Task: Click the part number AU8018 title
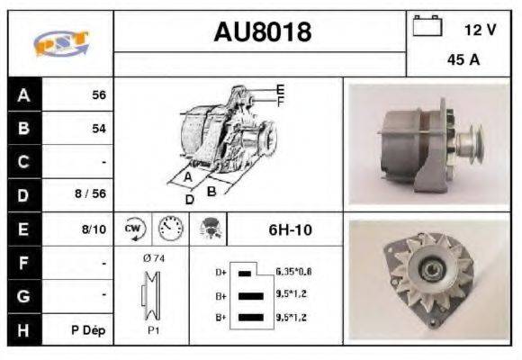(262, 32)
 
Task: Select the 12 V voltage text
(479, 30)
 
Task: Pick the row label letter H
(23, 330)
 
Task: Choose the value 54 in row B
(98, 129)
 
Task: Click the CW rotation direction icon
(134, 229)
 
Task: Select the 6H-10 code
(290, 229)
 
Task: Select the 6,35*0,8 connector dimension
(294, 271)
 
